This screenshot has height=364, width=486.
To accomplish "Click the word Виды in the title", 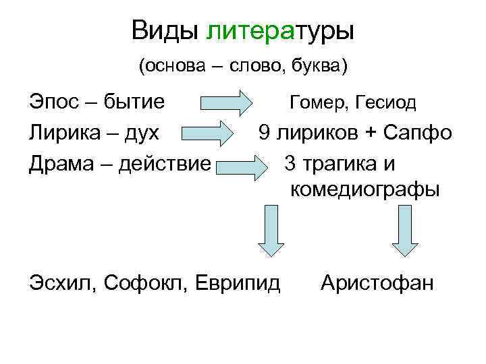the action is coord(165,30).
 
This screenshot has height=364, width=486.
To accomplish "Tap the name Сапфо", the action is coord(415,132).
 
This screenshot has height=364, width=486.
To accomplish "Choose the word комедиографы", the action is coord(364,189).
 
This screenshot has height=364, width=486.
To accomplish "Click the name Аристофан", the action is coord(377,282).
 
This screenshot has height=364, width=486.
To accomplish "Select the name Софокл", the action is coord(144,282).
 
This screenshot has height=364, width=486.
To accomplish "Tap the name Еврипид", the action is coord(236,282).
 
